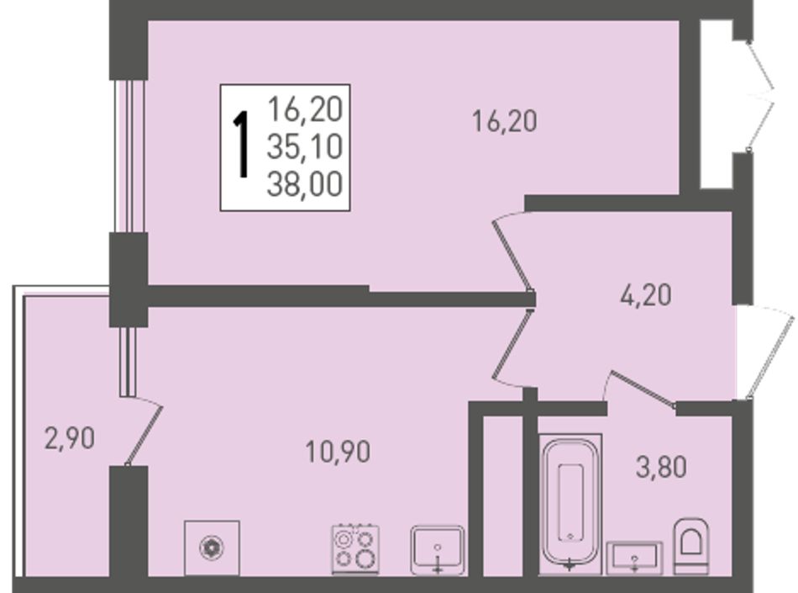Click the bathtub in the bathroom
coord(570,503)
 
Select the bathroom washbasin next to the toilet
coord(635,558)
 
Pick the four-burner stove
coord(355,549)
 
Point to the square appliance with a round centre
coord(212,548)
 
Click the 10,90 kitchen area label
coord(338,452)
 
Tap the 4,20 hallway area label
coord(646,295)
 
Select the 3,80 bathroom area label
coord(662,467)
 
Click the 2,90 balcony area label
coord(70,438)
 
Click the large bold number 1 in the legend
coord(241,146)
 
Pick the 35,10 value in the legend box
coord(304,147)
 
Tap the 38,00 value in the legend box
coord(304,184)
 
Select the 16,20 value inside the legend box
coord(305,109)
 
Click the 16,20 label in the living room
coord(504,122)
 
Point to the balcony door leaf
coord(144,436)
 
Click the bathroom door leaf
coord(643,389)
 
